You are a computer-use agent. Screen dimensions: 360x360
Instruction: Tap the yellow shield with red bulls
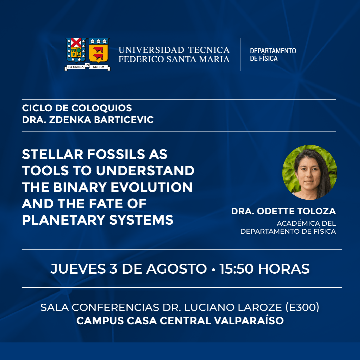99,50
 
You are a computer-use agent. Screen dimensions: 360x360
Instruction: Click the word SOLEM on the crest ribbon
99,67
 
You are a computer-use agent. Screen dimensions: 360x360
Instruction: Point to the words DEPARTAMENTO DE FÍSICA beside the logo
273,55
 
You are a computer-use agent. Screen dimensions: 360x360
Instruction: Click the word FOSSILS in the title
116,154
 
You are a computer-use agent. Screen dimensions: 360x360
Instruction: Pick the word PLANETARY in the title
64,220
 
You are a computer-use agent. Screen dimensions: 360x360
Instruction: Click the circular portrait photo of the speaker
309,172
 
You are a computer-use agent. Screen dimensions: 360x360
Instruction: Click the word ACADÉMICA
295,223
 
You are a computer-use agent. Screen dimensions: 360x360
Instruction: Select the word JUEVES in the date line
78,269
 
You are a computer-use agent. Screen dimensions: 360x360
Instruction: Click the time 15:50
236,269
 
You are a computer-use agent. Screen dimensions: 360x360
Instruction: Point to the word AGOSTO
177,269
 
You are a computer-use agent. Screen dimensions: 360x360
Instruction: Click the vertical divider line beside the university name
240,54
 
